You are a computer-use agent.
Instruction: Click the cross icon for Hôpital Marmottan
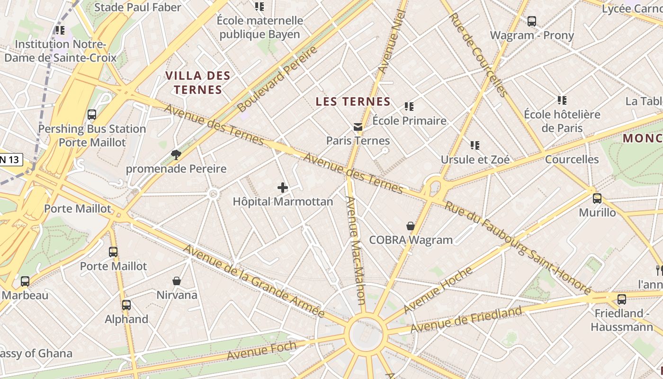pos(283,188)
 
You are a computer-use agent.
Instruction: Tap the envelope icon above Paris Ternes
pos(358,127)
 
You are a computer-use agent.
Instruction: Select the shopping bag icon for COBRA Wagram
pos(411,226)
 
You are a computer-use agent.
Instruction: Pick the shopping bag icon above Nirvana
pos(177,281)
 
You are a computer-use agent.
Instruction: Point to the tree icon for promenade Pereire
pos(176,154)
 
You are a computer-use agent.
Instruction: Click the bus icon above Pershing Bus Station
pos(92,115)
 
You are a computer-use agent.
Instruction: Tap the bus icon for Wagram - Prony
pos(532,21)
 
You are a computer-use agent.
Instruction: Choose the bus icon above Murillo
pos(597,199)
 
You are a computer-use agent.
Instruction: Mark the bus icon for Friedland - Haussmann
pos(622,299)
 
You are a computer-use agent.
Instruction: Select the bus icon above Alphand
pos(126,305)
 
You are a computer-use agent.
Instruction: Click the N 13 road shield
pos(10,160)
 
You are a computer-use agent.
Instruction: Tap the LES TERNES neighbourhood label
pos(353,101)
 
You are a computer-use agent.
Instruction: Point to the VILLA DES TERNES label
pos(198,82)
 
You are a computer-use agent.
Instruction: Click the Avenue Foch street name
pos(261,350)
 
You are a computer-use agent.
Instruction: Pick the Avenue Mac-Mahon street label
pos(355,250)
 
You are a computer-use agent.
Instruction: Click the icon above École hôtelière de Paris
pos(562,100)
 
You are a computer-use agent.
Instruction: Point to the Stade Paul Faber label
pos(138,7)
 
